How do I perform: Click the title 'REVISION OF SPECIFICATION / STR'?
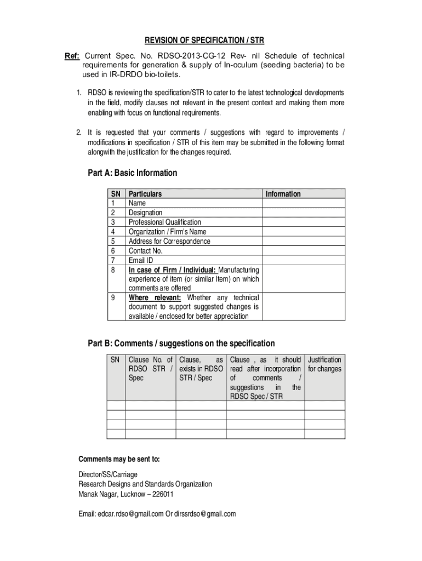pos(204,41)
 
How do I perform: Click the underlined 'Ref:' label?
pos(72,56)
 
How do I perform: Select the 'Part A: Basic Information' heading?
pos(132,173)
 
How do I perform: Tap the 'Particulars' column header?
pos(145,194)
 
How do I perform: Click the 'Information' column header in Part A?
pos(283,194)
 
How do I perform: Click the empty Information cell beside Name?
pos(304,203)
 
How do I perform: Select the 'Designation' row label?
pos(145,213)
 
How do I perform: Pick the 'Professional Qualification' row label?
pos(164,222)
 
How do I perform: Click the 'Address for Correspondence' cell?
pos(169,242)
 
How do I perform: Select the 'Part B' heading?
pos(181,344)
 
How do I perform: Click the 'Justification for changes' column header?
pos(324,364)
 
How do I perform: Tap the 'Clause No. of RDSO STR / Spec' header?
pos(150,369)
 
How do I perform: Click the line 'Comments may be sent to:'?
pos(119,459)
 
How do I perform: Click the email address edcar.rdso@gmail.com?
pos(130,514)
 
